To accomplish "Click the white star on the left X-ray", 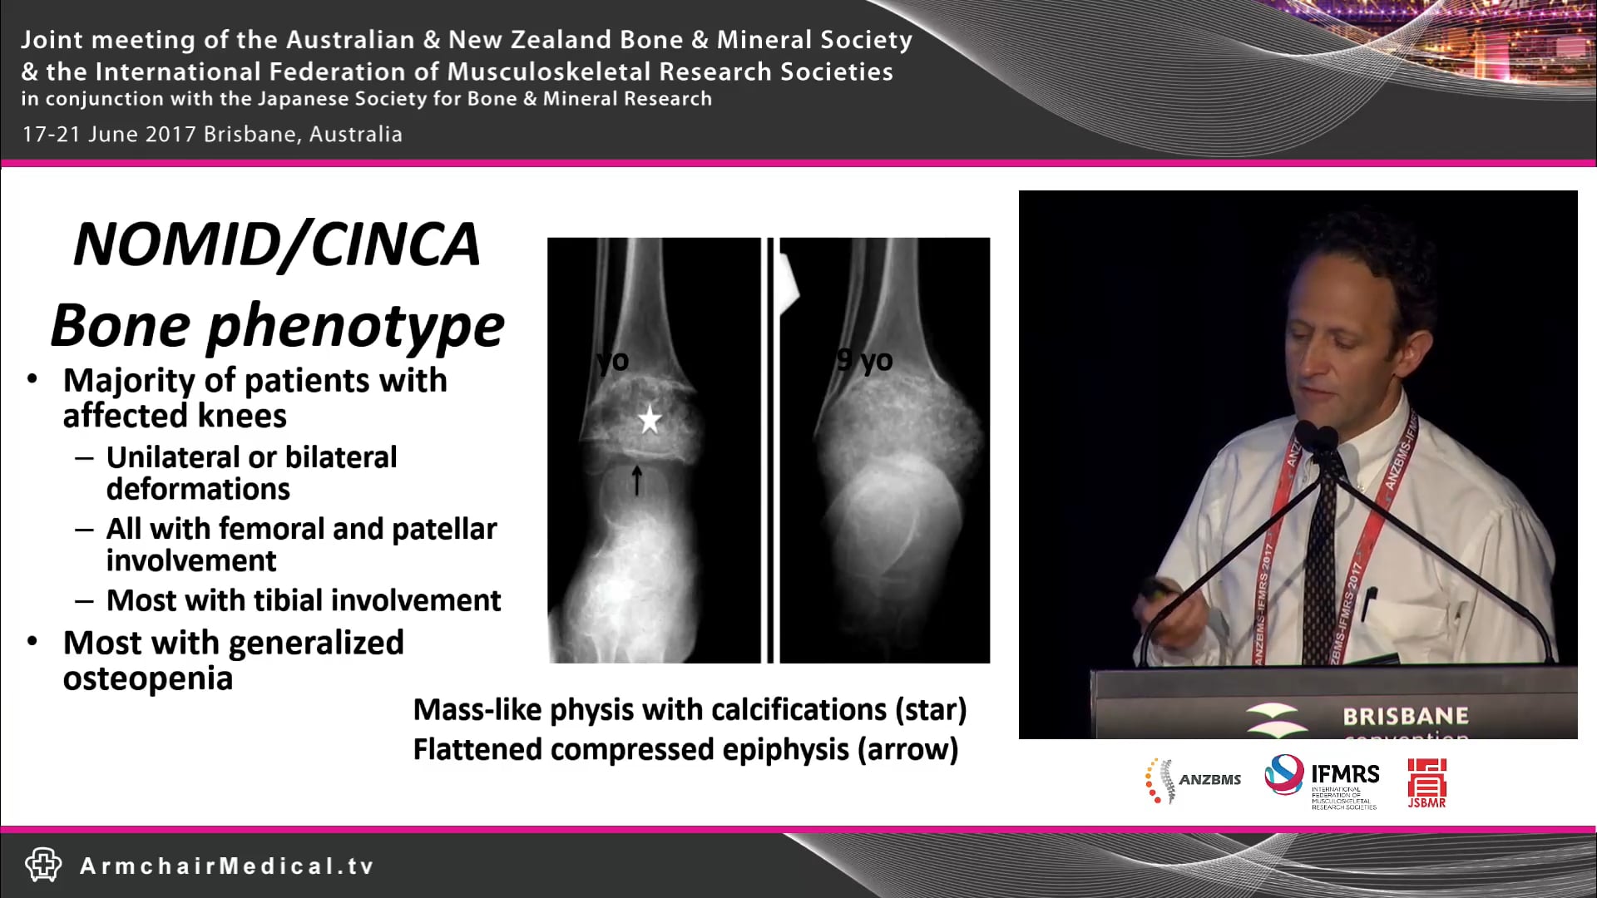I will [x=650, y=420].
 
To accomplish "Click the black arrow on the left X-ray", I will [x=637, y=480].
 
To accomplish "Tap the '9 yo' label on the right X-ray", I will [x=865, y=360].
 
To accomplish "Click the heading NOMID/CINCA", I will [x=277, y=245].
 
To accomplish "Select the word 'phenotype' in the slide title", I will [x=355, y=326].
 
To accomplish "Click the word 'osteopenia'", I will [x=148, y=678].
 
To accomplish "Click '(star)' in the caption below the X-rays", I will [x=930, y=709].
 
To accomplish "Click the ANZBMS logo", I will [x=1192, y=780].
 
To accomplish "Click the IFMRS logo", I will [x=1323, y=780].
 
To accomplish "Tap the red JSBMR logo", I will [x=1426, y=782].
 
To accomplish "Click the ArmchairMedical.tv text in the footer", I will [x=227, y=866].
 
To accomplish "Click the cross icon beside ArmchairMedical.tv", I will [x=43, y=865].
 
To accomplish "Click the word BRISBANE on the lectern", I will [x=1405, y=716].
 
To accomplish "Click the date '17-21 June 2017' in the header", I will [x=108, y=135].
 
